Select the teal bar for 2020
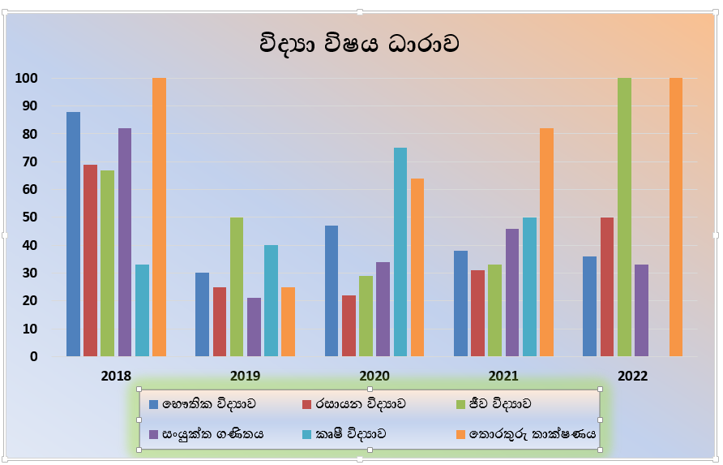pos(400,252)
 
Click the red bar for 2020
pos(349,325)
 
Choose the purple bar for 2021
pos(511,292)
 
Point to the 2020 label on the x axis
pos(374,377)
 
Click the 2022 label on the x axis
pos(632,377)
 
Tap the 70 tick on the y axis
pos(29,162)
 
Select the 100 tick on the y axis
pos(28,79)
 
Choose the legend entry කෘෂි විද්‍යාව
pos(349,433)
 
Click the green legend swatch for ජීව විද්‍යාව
pos(460,403)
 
